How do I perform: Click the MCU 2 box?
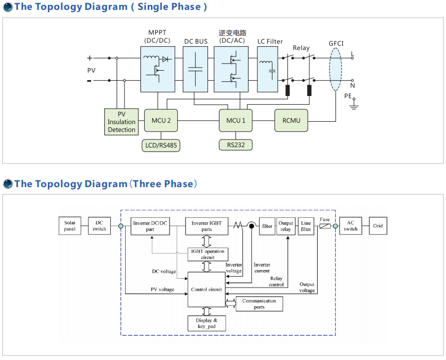coord(161,120)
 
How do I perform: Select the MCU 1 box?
coord(236,120)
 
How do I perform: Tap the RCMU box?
coord(291,120)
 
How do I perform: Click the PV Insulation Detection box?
coord(121,122)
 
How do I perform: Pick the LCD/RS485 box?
coord(161,145)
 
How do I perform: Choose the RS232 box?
coord(236,145)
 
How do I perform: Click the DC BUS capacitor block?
coord(195,69)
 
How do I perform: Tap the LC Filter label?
coord(270,41)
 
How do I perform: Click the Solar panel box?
coord(70,226)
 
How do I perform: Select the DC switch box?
coord(99,226)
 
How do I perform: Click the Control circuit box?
coord(206,289)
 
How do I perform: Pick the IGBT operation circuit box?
coord(208,254)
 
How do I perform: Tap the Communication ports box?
coord(259,304)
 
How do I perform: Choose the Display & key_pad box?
coord(207,323)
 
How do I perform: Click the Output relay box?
coord(286,226)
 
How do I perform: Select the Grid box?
coord(378,226)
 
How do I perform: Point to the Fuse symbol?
coord(325,226)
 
